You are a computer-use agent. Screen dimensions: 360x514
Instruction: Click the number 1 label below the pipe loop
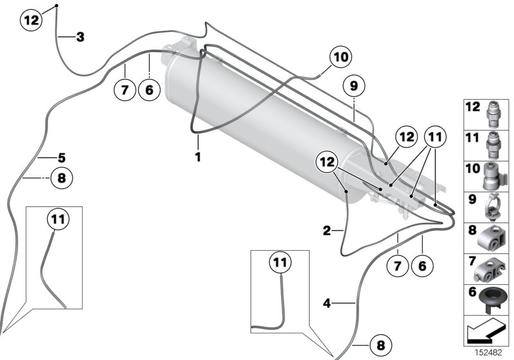pyautogui.click(x=199, y=156)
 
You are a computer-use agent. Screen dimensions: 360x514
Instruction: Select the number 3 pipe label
pyautogui.click(x=80, y=37)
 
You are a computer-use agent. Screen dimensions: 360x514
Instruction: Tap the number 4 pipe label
pyautogui.click(x=326, y=303)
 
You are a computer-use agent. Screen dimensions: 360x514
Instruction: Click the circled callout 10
pyautogui.click(x=340, y=57)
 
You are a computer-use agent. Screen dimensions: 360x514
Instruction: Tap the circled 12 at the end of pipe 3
pyautogui.click(x=32, y=20)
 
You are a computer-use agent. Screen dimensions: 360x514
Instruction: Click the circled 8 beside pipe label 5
pyautogui.click(x=62, y=177)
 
